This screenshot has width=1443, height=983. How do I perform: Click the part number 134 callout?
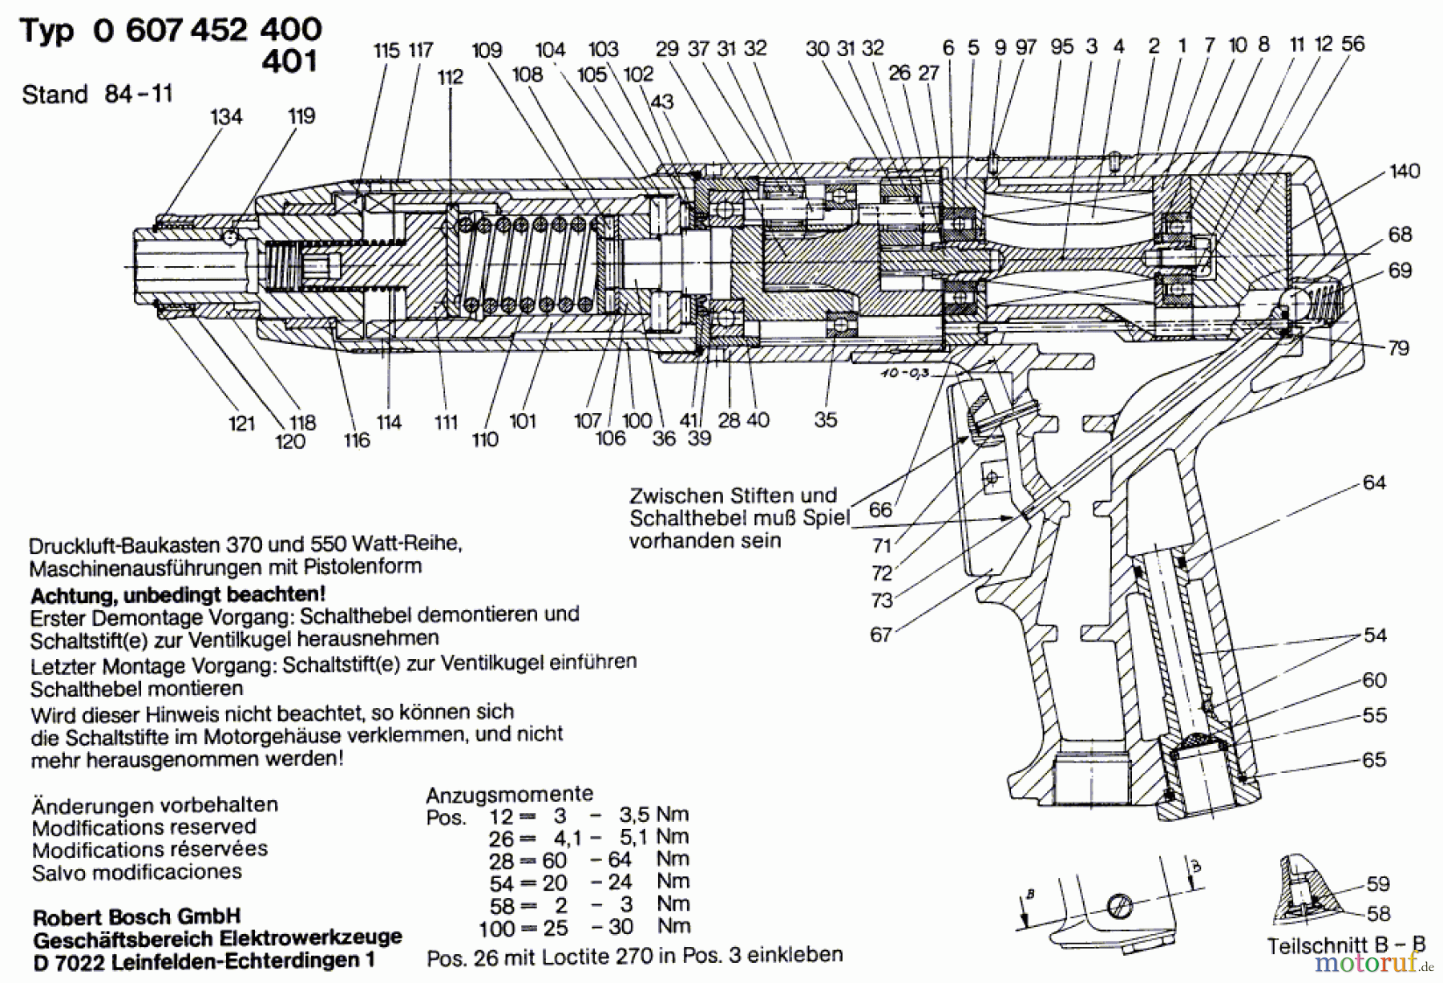(x=226, y=117)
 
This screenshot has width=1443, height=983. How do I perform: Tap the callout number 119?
(x=301, y=116)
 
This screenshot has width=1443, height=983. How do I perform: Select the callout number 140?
(x=1405, y=172)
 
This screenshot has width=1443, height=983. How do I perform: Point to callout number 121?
(x=241, y=423)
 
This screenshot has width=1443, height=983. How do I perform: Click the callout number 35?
(x=825, y=419)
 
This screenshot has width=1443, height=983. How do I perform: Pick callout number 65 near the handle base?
(x=1374, y=759)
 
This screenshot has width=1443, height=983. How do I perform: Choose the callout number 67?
(x=881, y=635)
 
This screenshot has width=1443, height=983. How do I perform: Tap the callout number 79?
(x=1399, y=348)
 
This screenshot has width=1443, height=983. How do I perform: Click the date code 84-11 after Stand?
(x=138, y=95)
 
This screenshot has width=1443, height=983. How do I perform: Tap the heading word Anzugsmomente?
(x=510, y=795)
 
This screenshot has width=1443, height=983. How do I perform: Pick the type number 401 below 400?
(x=289, y=62)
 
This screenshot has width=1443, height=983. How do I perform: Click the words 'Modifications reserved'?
(x=144, y=827)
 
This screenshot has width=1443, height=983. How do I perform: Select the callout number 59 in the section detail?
(x=1378, y=884)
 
